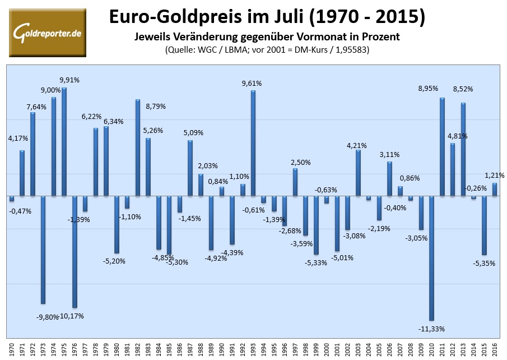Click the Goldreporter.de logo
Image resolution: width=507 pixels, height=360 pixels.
(48, 33)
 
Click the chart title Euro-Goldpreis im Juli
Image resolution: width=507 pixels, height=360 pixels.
(266, 17)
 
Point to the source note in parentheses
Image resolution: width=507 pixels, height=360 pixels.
(267, 50)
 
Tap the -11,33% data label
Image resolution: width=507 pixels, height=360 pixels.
(431, 329)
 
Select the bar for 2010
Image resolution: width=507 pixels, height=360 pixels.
(431, 258)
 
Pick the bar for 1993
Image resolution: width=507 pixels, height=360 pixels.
(253, 143)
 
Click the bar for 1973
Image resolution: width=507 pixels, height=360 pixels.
(43, 250)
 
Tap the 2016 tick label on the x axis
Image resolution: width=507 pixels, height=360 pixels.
(495, 349)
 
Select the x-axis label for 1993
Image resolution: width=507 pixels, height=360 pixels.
(253, 349)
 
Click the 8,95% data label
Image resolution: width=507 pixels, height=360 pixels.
(430, 88)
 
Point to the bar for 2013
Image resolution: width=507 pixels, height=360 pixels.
(463, 149)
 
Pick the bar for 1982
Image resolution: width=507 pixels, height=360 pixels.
(138, 147)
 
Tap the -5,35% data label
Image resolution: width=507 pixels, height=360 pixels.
(484, 263)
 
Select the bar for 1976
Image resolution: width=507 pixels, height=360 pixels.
(75, 252)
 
